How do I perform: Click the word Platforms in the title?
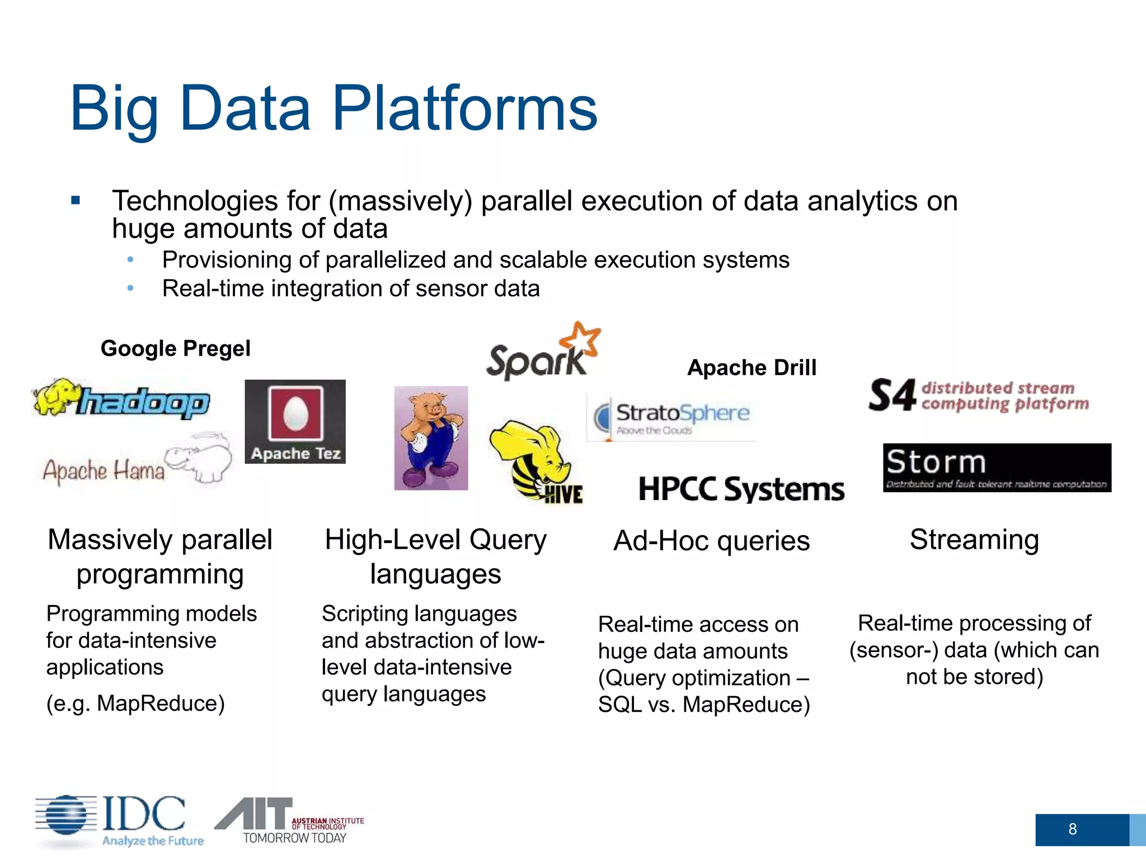[x=464, y=108]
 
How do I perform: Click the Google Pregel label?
[x=175, y=348]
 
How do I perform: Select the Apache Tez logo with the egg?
[x=295, y=422]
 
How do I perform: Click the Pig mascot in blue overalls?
[x=431, y=438]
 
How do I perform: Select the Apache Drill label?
[x=752, y=367]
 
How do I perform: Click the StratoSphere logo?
[x=671, y=417]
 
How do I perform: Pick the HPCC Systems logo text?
[x=741, y=489]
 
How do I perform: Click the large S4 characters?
[x=892, y=395]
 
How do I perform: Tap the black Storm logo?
[x=997, y=468]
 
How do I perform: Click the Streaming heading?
[x=974, y=540]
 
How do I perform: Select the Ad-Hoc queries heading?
[x=711, y=541]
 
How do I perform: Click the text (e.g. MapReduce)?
[x=135, y=703]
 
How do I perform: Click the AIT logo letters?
[x=255, y=814]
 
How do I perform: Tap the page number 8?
[x=1072, y=829]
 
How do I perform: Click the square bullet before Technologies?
[x=76, y=200]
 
